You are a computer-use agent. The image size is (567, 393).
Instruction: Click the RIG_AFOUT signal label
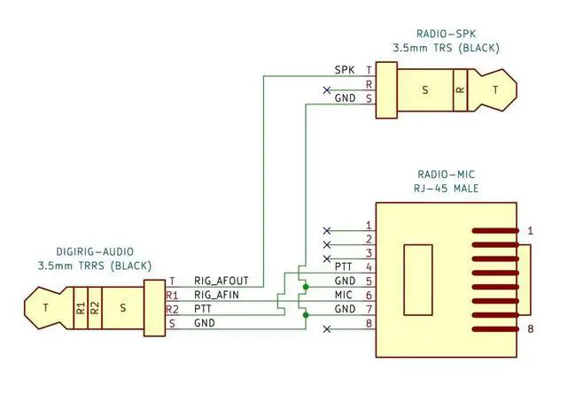click(x=221, y=281)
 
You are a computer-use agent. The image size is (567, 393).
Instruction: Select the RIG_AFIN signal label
click(x=216, y=295)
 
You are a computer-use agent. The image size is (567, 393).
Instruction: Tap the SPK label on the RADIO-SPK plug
click(x=345, y=70)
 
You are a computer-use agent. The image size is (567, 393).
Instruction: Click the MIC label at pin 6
click(x=344, y=295)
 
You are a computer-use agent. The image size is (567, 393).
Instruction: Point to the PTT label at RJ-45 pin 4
click(x=344, y=267)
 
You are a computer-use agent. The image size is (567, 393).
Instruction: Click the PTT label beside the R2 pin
click(x=203, y=309)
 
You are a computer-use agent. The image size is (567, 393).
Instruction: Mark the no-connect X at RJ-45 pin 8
click(x=327, y=329)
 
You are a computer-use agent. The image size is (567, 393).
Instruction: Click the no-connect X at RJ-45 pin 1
click(x=327, y=230)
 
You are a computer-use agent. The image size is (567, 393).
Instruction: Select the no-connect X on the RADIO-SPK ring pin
click(x=327, y=90)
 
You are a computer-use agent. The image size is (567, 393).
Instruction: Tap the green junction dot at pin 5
click(x=306, y=287)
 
